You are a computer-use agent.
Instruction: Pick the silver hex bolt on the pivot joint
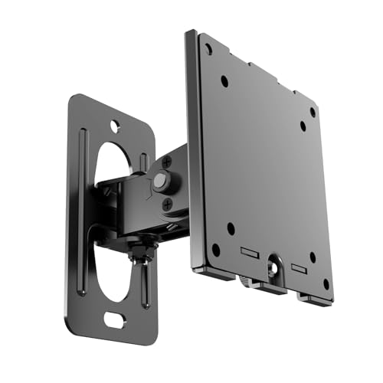tap(159, 182)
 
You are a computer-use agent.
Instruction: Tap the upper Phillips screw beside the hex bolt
tap(167, 162)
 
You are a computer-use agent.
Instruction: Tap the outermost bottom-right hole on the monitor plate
tap(326, 284)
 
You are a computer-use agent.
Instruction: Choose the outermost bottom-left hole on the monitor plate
tap(216, 249)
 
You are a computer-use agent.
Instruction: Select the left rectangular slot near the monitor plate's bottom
tap(249, 252)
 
